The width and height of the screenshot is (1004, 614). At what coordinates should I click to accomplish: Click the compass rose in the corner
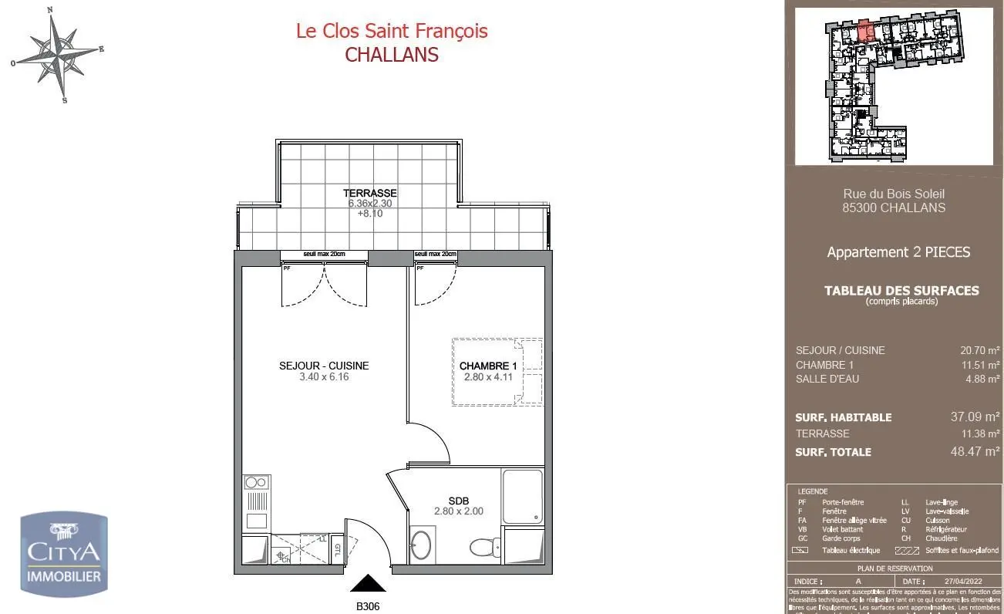click(x=57, y=54)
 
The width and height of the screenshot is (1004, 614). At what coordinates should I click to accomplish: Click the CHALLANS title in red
click(x=392, y=55)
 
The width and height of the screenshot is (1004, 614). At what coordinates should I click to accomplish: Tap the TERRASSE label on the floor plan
click(x=370, y=193)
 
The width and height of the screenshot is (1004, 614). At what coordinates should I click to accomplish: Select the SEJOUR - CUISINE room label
click(x=324, y=366)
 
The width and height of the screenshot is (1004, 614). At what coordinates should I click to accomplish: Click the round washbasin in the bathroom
click(x=421, y=545)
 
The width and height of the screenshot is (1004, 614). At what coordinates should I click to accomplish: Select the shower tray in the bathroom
click(x=522, y=497)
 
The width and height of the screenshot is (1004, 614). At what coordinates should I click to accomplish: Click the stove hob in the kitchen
click(x=256, y=483)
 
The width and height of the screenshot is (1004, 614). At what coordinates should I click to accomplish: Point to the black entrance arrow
click(x=368, y=583)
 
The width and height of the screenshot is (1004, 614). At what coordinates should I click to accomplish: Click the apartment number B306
click(x=368, y=606)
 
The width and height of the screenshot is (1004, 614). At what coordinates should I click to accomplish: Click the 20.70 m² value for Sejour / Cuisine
click(x=979, y=350)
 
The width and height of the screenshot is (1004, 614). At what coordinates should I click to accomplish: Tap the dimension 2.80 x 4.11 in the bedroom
click(x=487, y=377)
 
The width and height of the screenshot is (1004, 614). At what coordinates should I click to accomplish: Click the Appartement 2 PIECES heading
click(x=898, y=252)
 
